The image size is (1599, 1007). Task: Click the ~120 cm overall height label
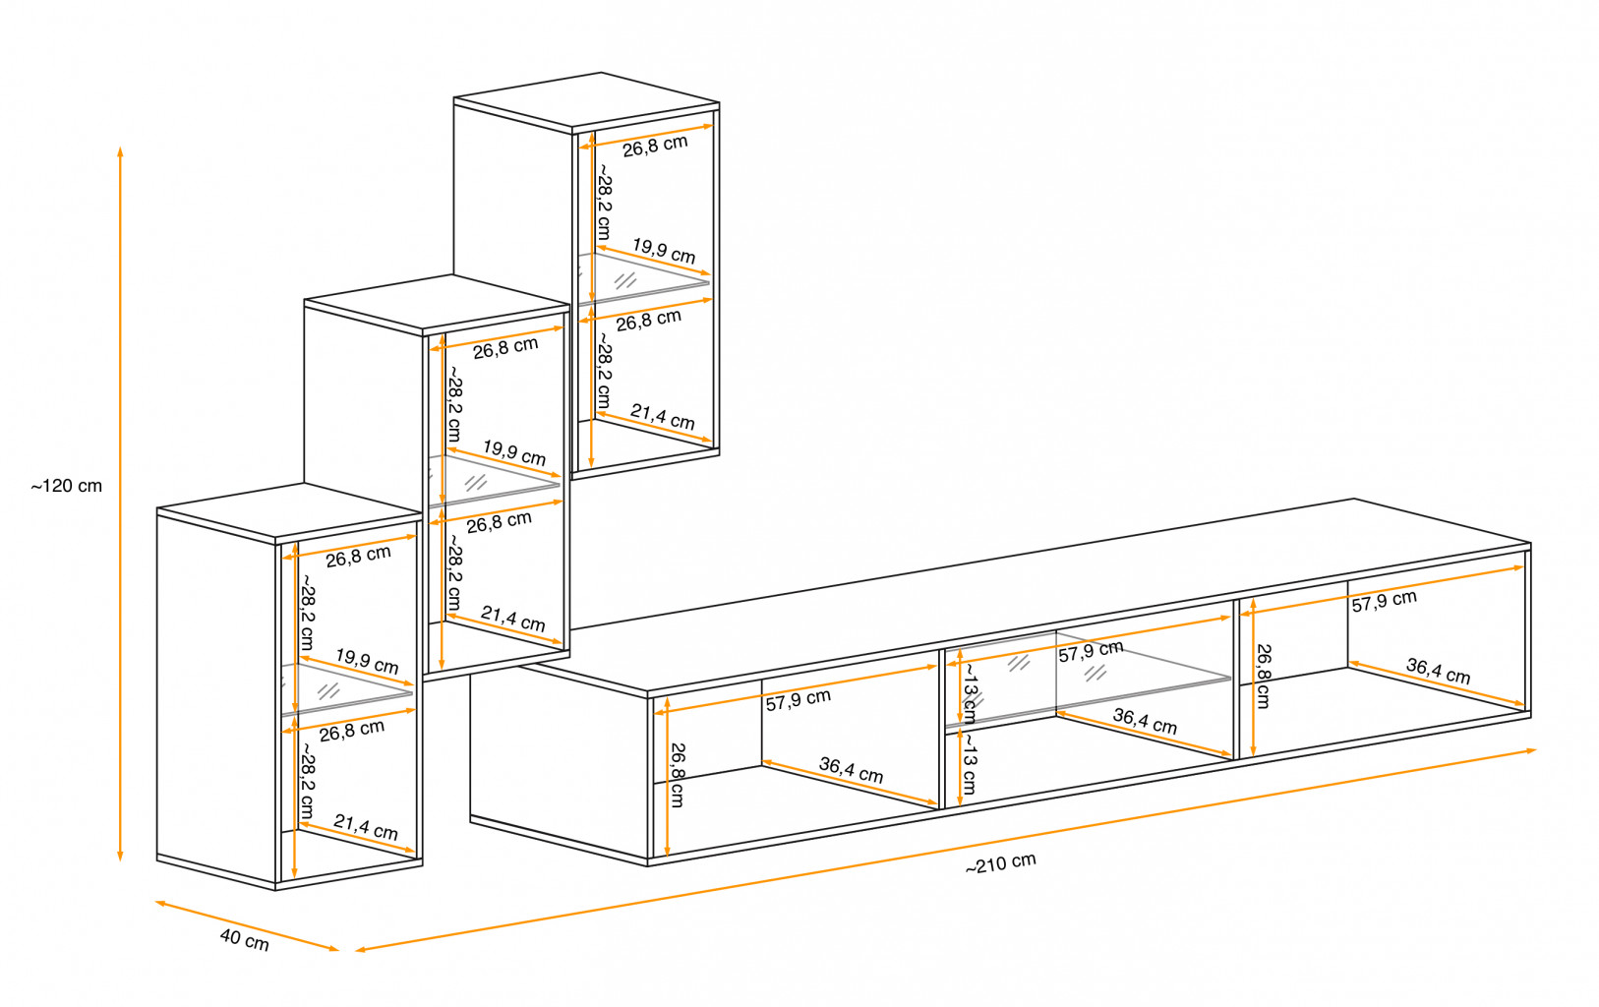click(x=67, y=486)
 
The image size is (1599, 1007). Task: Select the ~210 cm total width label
click(x=1000, y=863)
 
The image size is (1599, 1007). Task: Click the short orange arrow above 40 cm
click(x=246, y=925)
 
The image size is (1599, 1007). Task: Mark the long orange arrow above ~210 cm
click(x=944, y=851)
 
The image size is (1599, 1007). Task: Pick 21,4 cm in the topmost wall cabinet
click(x=663, y=417)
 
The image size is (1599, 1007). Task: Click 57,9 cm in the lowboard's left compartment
click(x=799, y=700)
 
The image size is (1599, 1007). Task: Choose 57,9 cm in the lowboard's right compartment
click(x=1384, y=601)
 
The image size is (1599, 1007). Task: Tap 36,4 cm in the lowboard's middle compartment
click(x=1145, y=722)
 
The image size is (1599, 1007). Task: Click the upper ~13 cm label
click(x=970, y=692)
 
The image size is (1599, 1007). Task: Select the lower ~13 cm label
click(x=970, y=764)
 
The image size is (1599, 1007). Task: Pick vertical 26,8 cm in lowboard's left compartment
click(x=677, y=775)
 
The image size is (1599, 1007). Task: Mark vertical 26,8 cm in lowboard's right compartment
click(x=1263, y=677)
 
